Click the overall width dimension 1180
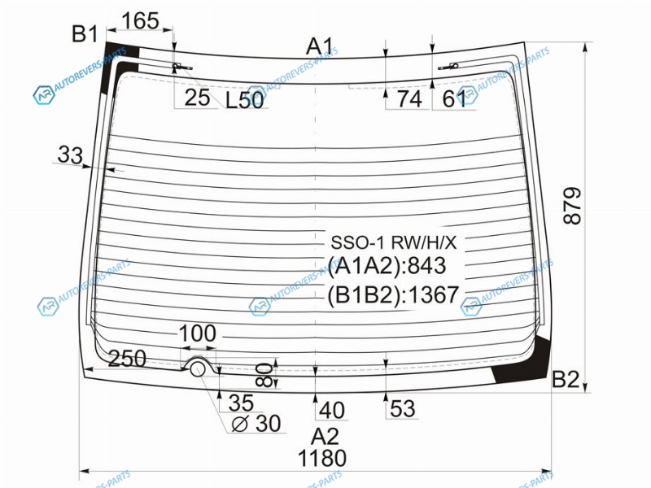click(x=321, y=458)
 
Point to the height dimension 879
click(x=573, y=206)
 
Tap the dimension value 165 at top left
click(x=141, y=21)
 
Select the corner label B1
click(x=85, y=33)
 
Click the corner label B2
click(x=566, y=379)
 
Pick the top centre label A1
click(x=320, y=46)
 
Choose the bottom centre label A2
click(x=325, y=437)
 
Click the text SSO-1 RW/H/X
click(x=394, y=242)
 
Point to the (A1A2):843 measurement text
click(x=387, y=266)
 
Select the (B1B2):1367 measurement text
click(x=393, y=295)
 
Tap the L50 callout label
click(x=245, y=100)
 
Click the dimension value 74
click(x=409, y=99)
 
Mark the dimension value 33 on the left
click(x=70, y=155)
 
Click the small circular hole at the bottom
click(x=198, y=369)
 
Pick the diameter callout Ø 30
click(x=256, y=424)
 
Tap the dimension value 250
click(x=127, y=358)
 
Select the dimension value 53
click(x=402, y=409)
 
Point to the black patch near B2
click(x=524, y=360)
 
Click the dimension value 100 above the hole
click(x=197, y=333)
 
